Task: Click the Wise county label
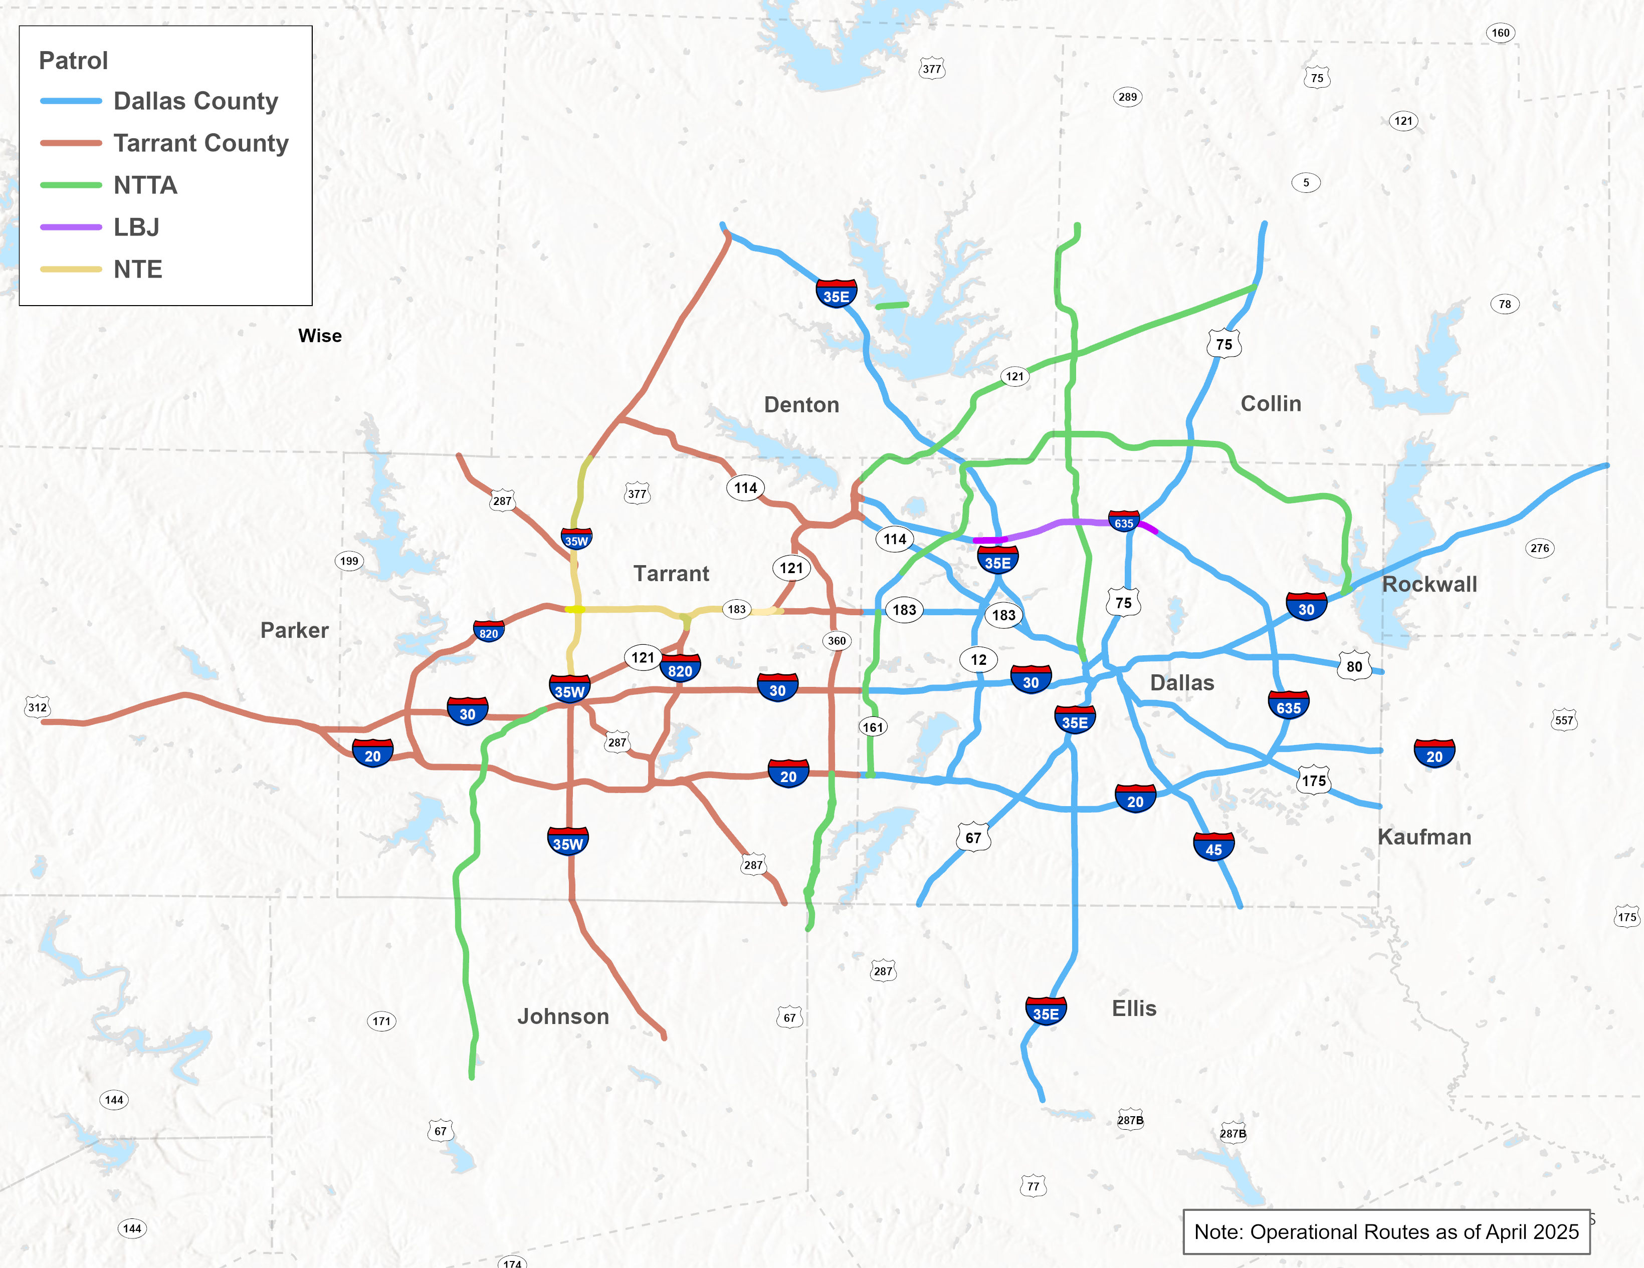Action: (320, 336)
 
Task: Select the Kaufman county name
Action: (1423, 837)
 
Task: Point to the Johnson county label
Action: (563, 1017)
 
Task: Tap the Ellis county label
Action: (1134, 1008)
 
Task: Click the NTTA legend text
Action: (145, 185)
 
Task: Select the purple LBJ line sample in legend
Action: (71, 226)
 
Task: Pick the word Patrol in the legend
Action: (73, 60)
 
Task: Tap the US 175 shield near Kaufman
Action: (1314, 781)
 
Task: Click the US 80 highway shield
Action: (1354, 666)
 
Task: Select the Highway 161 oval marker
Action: (873, 727)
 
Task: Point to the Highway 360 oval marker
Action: (837, 641)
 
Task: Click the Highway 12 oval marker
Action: (978, 660)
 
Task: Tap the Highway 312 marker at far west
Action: (37, 707)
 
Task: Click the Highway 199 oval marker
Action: (348, 561)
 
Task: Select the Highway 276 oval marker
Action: (1539, 548)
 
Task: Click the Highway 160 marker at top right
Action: (1500, 33)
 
